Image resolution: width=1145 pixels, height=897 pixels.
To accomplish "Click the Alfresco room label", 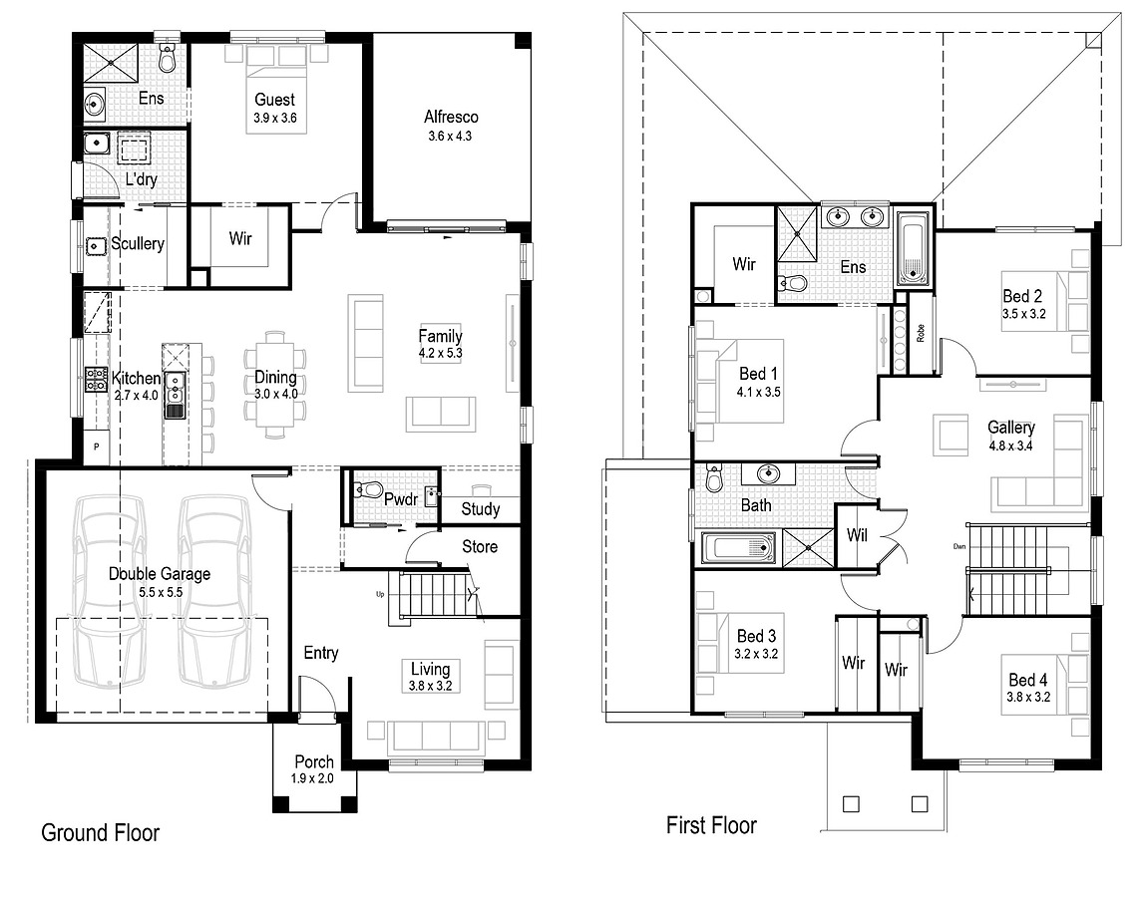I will coord(452,118).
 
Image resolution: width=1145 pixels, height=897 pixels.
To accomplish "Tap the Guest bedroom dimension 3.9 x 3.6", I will coord(274,119).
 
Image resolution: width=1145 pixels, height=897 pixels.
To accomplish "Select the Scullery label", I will coord(138,244).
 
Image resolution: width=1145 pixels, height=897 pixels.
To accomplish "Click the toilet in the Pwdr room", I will coord(368,489).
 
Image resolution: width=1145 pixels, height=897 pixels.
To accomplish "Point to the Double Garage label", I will coord(160,574).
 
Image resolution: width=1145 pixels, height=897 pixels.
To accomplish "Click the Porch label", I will coord(314,762).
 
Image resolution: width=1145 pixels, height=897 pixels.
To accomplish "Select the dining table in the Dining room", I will coord(276,384).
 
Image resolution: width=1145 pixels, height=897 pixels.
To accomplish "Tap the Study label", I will coord(480,510).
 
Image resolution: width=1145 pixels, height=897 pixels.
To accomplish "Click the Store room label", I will coord(479,547).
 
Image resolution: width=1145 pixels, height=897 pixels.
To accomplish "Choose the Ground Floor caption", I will coord(100,833).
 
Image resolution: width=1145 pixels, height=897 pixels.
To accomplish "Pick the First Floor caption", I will coord(711,825).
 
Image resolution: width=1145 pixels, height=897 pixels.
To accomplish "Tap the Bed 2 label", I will coord(1022,296).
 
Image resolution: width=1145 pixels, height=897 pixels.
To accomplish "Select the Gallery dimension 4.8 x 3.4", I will coord(1011,446).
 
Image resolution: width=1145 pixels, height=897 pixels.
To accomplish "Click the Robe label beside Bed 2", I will coord(920,332).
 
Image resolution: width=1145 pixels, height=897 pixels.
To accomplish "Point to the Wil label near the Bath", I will coord(857,536).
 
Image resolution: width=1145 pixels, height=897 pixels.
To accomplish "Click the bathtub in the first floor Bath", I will coord(739,548).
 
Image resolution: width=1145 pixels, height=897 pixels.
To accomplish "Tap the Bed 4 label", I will coord(1028,681).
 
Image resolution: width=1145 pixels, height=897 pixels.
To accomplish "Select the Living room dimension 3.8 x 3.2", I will coord(431,687).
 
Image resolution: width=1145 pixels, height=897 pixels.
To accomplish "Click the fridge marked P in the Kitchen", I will coord(96,448).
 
